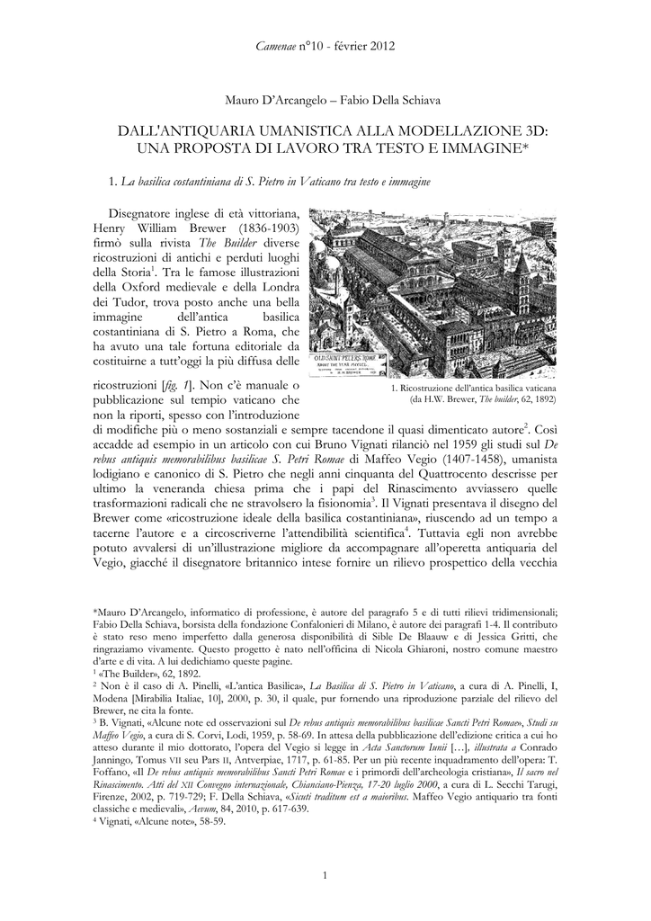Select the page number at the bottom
(325, 876)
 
